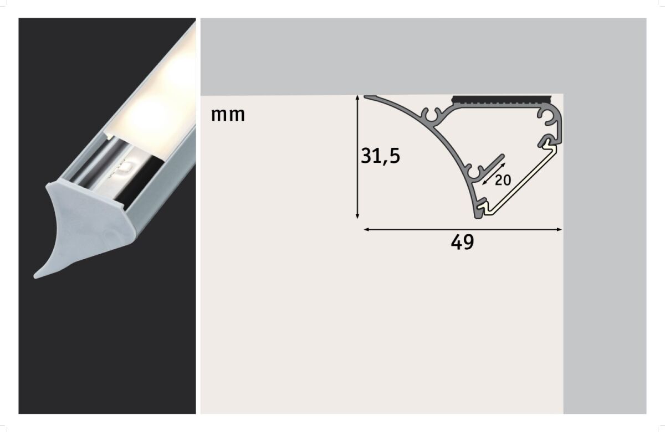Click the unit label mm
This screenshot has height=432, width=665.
pos(227,115)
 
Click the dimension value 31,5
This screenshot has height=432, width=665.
pos(380,157)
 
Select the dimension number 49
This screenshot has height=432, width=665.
pos(462,243)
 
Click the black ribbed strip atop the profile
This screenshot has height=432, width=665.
pos(502,99)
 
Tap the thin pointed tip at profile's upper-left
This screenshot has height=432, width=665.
pos(369,97)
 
